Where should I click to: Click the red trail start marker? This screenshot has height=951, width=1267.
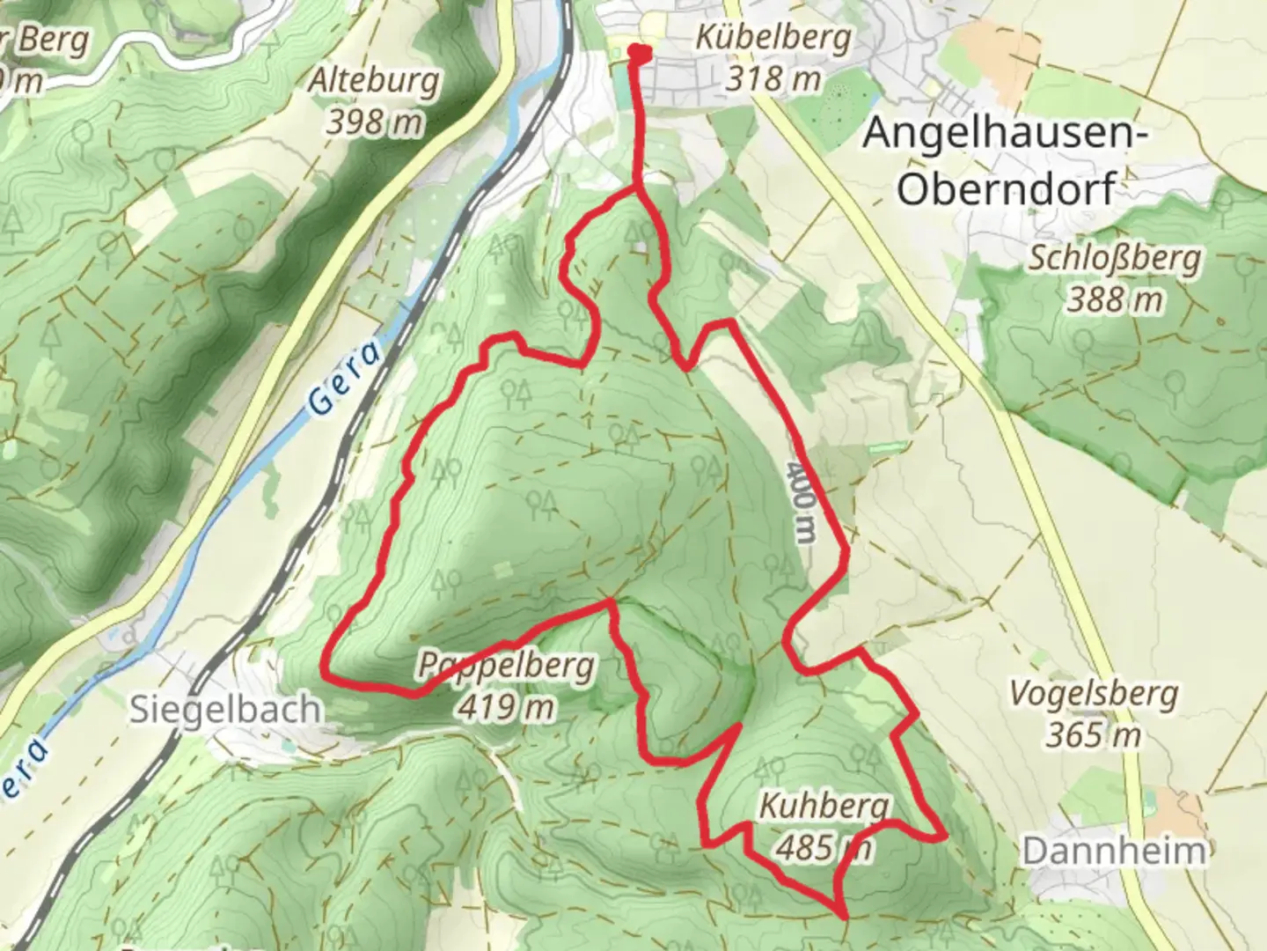point(640,54)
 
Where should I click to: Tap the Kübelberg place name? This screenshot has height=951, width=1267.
point(773,38)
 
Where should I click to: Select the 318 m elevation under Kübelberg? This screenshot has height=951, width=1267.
point(773,79)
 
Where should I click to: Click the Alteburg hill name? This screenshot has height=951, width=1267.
point(373,81)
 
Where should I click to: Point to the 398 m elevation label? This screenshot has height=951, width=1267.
point(374,122)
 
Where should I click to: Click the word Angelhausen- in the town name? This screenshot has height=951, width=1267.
point(1007,135)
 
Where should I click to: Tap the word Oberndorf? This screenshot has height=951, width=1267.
point(1007,188)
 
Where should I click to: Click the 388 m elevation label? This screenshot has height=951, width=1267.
point(1115,300)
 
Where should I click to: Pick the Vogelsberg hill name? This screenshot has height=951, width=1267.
point(1093,694)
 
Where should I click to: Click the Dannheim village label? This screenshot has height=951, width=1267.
point(1113,851)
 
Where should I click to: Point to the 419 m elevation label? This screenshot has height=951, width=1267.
point(507,706)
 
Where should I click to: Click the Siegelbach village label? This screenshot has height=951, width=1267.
point(225,710)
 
